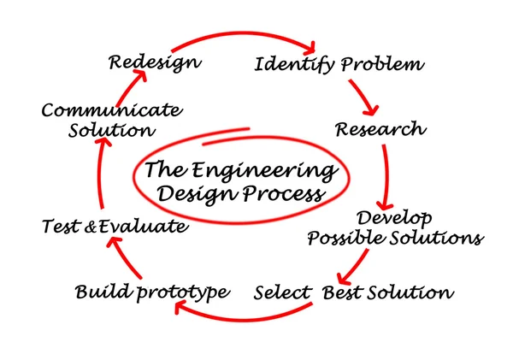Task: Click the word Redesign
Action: pyautogui.click(x=155, y=62)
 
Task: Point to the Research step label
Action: pyautogui.click(x=379, y=129)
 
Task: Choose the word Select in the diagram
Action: pyautogui.click(x=283, y=292)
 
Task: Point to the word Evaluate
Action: pyautogui.click(x=142, y=227)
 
